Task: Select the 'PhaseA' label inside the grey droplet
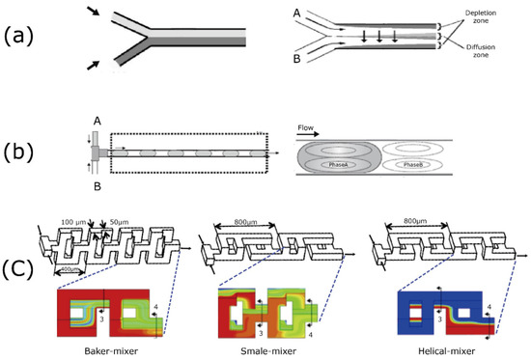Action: pos(341,164)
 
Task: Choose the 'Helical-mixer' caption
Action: pos(427,350)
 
